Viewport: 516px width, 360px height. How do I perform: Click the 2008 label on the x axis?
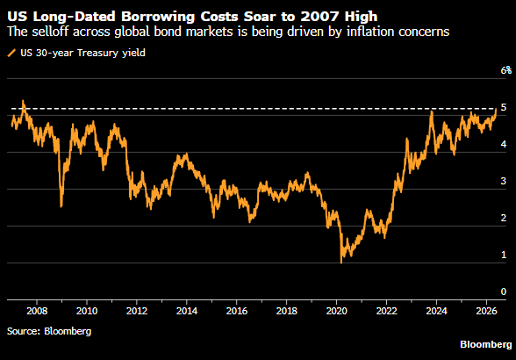(37, 311)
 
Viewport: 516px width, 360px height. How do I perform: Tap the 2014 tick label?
(187, 311)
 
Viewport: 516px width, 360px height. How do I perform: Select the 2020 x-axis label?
(337, 311)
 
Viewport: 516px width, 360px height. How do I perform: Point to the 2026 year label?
(486, 311)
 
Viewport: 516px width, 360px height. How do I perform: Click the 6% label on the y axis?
(506, 70)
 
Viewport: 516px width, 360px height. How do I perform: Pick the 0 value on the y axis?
(504, 292)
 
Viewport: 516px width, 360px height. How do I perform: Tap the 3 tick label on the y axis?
(504, 181)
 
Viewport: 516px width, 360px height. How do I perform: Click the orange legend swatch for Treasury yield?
(11, 53)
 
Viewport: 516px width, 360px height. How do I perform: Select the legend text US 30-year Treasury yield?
(82, 53)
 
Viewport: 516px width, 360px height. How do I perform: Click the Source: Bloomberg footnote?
(49, 331)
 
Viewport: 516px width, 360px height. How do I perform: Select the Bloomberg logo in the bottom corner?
(486, 344)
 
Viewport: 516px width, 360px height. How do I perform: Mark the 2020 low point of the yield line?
(341, 263)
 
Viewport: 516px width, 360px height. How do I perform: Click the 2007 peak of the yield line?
(23, 101)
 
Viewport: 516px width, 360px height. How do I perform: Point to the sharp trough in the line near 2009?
(61, 206)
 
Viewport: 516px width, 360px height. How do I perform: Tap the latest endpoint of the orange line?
(497, 109)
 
